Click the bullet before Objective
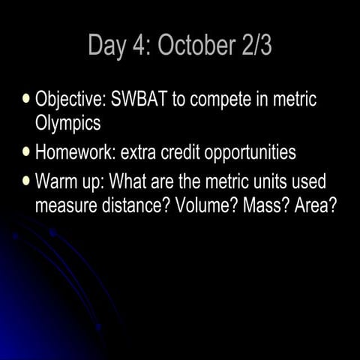click(x=28, y=98)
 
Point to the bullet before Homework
click(x=28, y=152)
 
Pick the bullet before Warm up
click(x=28, y=181)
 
